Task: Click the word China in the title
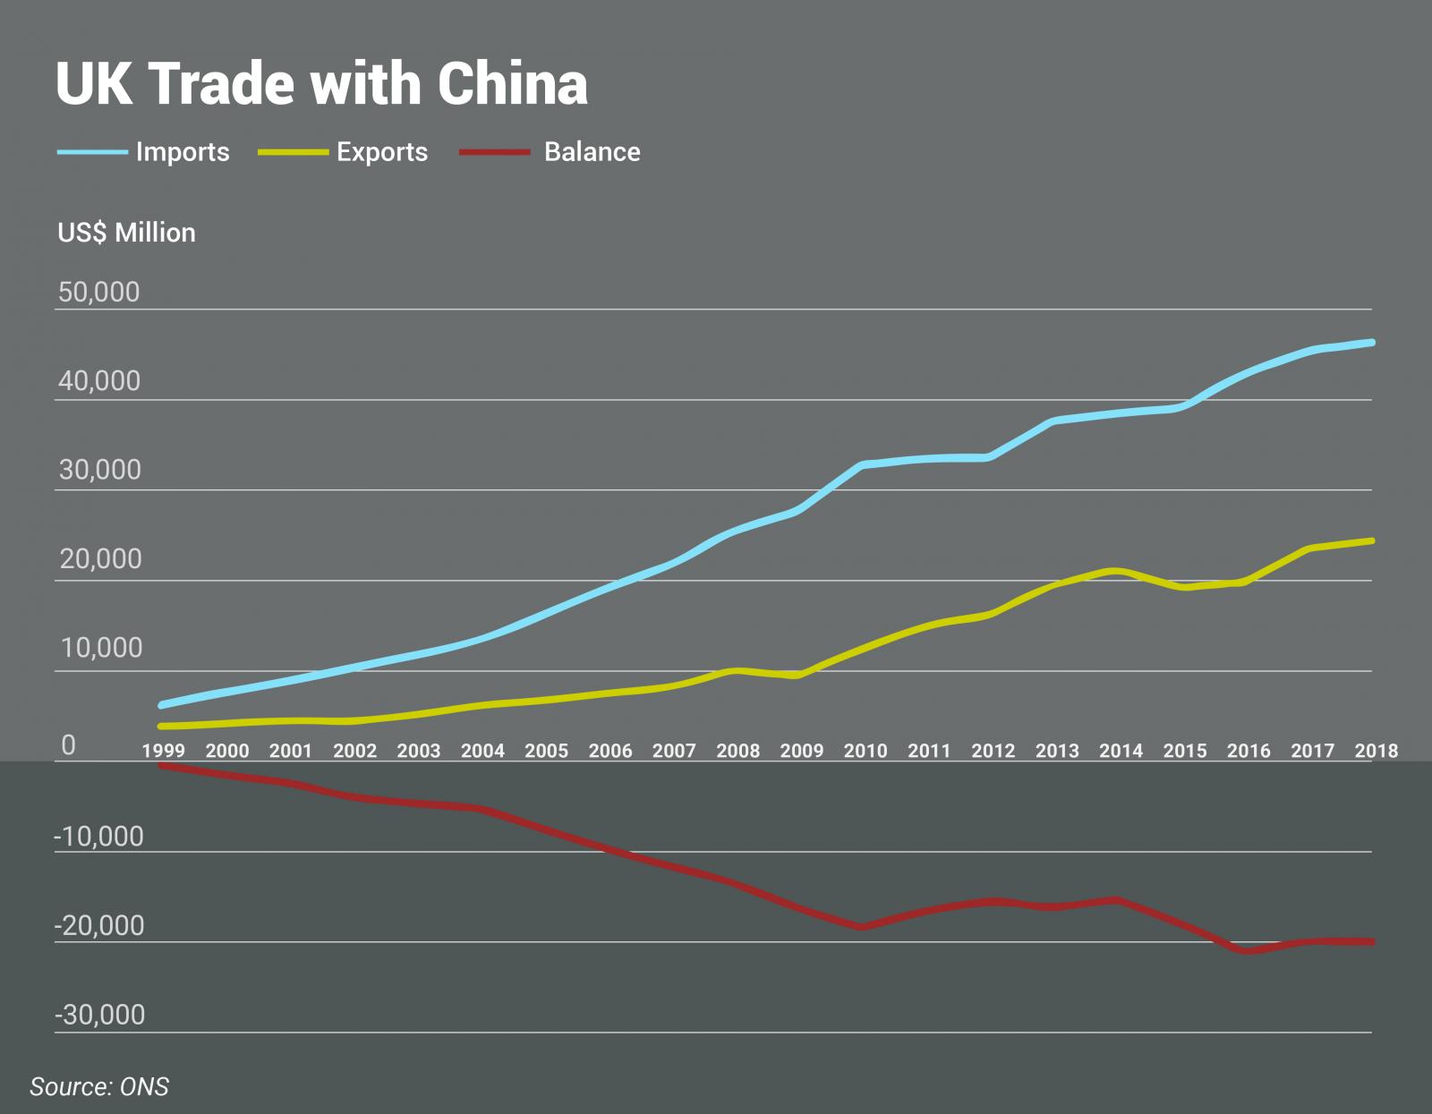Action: [x=512, y=84]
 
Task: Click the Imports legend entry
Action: [x=182, y=152]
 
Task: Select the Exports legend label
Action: [x=382, y=152]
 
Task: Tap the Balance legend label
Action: [x=592, y=152]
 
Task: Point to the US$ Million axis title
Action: [x=126, y=233]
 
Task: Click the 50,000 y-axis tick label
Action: [x=98, y=292]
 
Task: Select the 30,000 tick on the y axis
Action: [x=99, y=470]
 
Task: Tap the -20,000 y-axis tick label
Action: [x=98, y=926]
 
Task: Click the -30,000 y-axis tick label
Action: [x=98, y=1016]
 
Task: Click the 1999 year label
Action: [x=164, y=751]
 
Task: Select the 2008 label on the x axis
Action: [x=737, y=751]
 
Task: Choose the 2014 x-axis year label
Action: [x=1121, y=751]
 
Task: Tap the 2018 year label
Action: [x=1376, y=751]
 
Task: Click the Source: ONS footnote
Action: [x=98, y=1087]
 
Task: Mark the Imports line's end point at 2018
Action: [x=1371, y=343]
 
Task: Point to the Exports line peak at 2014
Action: [x=1114, y=571]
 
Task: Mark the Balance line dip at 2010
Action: [x=862, y=927]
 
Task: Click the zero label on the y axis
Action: [x=68, y=745]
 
